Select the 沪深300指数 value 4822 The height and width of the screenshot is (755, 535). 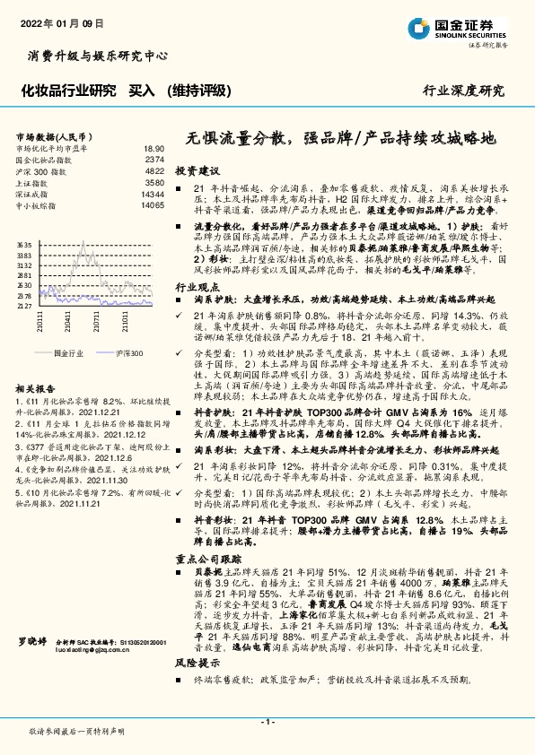coord(154,170)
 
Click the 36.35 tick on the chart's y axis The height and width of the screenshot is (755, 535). coord(24,244)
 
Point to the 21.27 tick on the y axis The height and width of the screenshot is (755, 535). coord(24,306)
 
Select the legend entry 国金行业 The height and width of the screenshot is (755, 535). coord(68,353)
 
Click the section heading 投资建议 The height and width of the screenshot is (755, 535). coord(197,169)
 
